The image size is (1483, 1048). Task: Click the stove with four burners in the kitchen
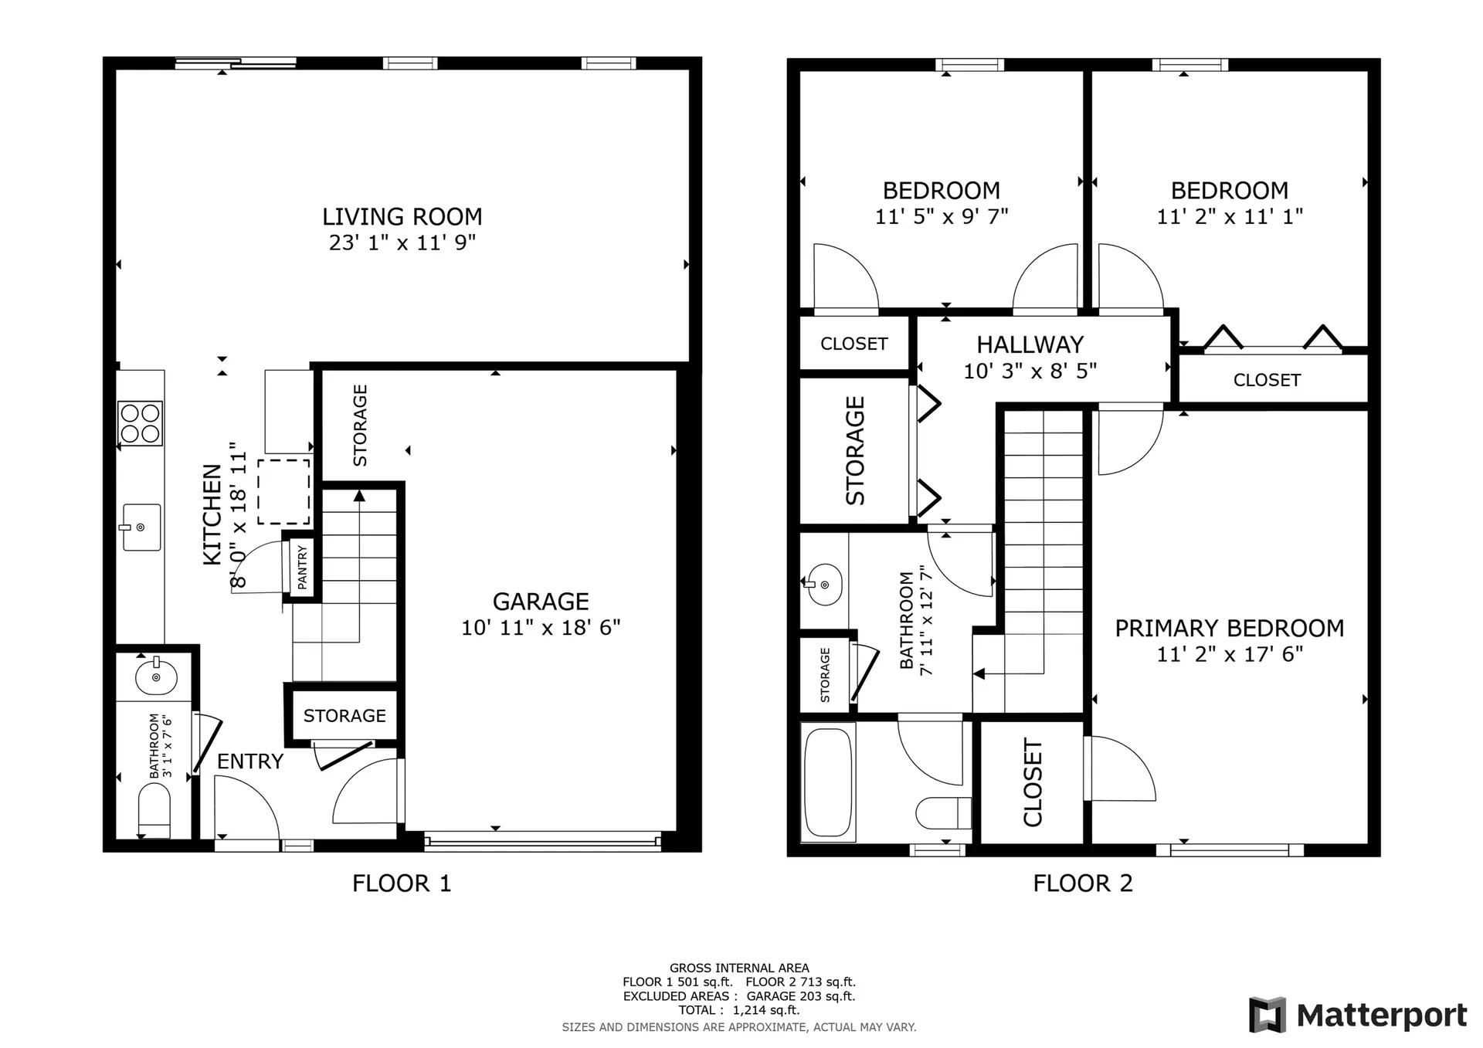coord(140,423)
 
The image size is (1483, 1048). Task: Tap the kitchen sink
coord(141,527)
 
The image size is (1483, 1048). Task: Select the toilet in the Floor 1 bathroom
coord(154,809)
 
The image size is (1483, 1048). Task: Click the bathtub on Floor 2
coord(828,782)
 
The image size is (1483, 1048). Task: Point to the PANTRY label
coord(302,567)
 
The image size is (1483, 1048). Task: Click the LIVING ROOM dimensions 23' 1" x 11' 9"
coord(402,242)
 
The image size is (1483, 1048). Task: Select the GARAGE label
coord(541,601)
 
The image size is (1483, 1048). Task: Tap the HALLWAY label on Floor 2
coord(1030,344)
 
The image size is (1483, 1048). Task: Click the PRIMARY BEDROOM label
coord(1229,628)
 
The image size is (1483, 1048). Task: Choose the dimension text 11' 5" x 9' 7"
coord(941,217)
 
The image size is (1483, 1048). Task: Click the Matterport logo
coord(1358,1015)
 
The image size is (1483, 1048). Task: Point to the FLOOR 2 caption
coord(1082,883)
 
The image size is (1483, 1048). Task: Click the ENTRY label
coord(249,761)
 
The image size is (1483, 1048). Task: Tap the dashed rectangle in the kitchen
coord(284,492)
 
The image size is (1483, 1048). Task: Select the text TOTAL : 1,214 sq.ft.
coord(738,1010)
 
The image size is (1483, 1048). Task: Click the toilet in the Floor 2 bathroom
coord(943,812)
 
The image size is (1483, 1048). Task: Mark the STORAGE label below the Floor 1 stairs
coord(344,716)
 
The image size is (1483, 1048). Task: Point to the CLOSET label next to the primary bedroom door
coord(1033,782)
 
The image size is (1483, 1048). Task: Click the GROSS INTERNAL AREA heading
coord(738,968)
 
